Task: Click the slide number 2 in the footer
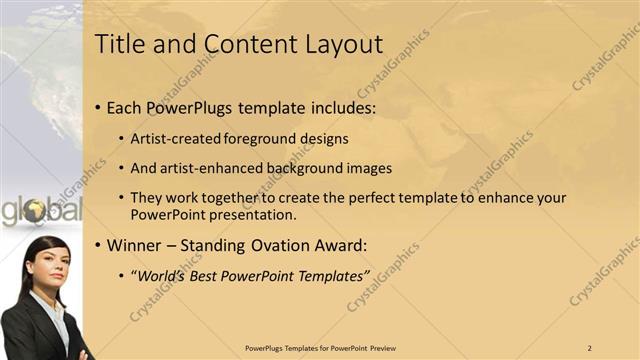590,347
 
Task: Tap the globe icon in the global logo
35,211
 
